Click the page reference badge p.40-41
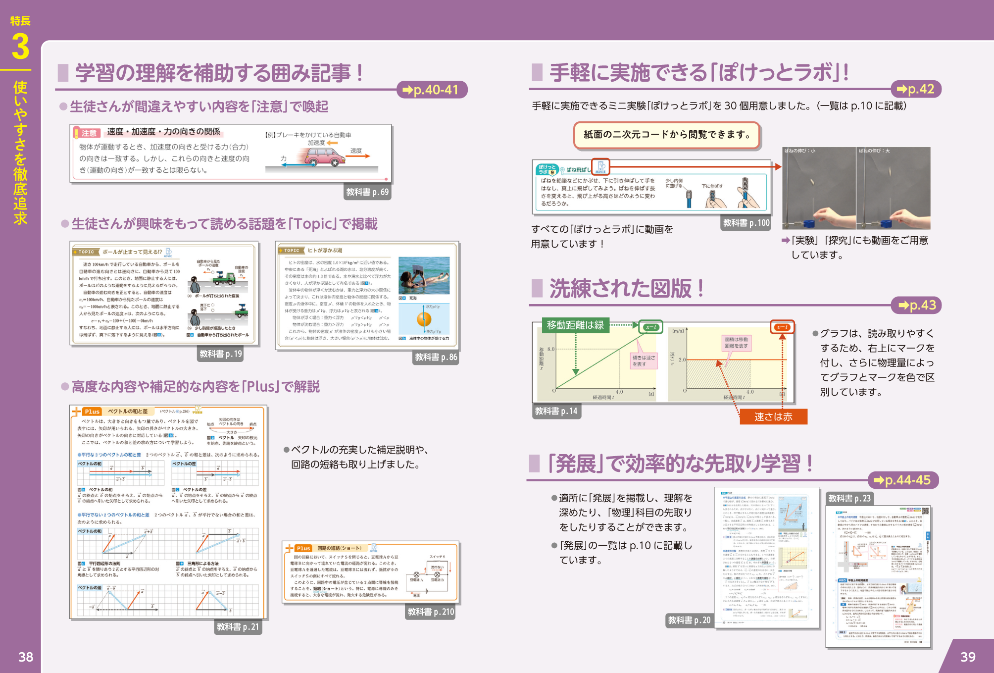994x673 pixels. pos(432,90)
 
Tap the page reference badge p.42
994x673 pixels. pos(915,89)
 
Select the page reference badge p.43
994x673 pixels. pos(917,305)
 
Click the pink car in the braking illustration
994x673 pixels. pos(324,158)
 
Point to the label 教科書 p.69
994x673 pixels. pos(367,192)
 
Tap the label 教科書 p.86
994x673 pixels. pos(436,357)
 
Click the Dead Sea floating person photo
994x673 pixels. pos(424,275)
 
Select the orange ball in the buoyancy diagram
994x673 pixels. pos(424,319)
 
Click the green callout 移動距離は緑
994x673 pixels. pos(575,325)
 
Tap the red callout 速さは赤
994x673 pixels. pos(773,417)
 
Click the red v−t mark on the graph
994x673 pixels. pos(782,327)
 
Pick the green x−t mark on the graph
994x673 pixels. pos(650,327)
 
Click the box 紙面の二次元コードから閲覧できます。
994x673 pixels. pos(666,135)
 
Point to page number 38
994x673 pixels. pos(26,657)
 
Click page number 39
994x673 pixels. pos(968,657)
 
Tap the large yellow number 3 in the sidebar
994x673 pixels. pos(20,47)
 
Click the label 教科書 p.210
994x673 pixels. pos(431,612)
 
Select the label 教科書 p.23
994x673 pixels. pos(849,498)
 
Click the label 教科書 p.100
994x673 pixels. pos(746,223)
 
